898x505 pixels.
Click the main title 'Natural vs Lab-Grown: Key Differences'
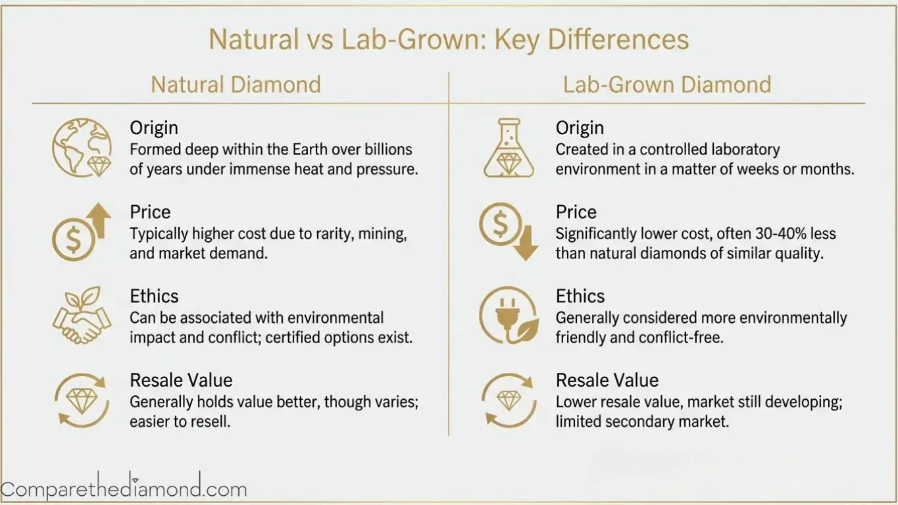(449, 40)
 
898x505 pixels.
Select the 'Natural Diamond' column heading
(236, 85)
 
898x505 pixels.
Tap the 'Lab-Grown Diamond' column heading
(667, 85)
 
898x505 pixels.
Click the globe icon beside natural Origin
(82, 147)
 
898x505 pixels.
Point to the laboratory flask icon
(507, 148)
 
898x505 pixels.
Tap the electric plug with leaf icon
(507, 316)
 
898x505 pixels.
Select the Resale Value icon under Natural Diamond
(82, 400)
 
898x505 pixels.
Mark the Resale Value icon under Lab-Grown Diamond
(507, 400)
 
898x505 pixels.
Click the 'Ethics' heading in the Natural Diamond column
(154, 297)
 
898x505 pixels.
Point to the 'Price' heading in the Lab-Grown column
(576, 212)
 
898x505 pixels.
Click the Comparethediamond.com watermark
(124, 489)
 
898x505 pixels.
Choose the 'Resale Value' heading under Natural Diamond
(181, 381)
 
